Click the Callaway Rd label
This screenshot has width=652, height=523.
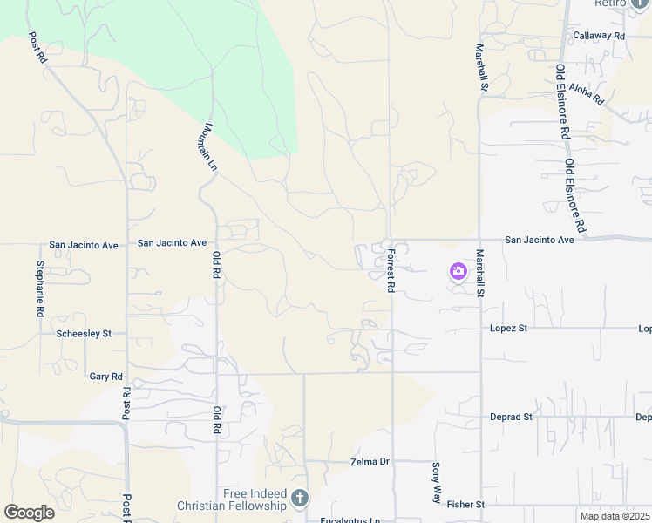point(600,36)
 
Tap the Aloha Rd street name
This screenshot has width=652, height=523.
point(586,93)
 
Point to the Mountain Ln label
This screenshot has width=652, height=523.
point(209,146)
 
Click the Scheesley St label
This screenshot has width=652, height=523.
point(84,333)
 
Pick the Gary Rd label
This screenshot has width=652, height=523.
point(106,377)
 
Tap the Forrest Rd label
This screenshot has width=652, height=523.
point(391,271)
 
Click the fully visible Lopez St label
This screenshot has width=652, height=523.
point(509,329)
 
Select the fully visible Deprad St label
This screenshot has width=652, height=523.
point(511,417)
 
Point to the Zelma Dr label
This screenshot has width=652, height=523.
point(370,461)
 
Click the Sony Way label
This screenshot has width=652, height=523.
point(437,482)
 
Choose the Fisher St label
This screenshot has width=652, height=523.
point(465,504)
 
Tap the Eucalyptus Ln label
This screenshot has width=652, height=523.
point(350,520)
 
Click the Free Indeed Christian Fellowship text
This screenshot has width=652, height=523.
point(231,499)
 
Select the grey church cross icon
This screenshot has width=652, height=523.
point(300,499)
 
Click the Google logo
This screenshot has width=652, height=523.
point(29,513)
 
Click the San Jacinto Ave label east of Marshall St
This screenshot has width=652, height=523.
point(540,240)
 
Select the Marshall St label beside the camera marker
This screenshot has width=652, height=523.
point(480,273)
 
